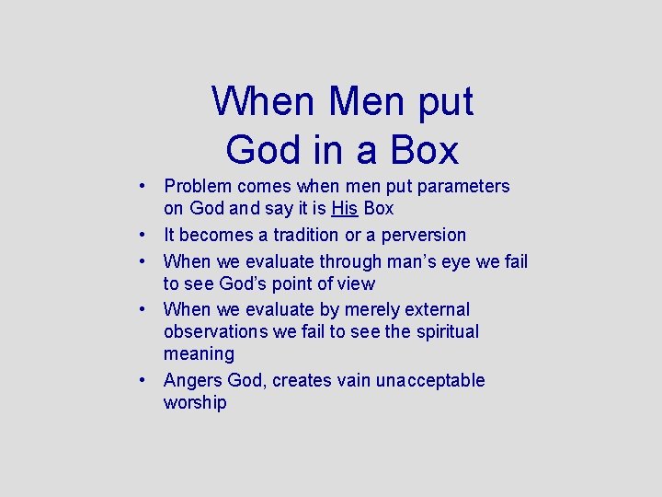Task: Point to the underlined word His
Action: pyautogui.click(x=346, y=209)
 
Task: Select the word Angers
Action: pyautogui.click(x=192, y=381)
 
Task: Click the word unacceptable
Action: pyautogui.click(x=430, y=381)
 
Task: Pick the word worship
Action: pyautogui.click(x=195, y=403)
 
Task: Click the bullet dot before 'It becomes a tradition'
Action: pyautogui.click(x=144, y=235)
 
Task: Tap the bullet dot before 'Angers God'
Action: pyautogui.click(x=144, y=380)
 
